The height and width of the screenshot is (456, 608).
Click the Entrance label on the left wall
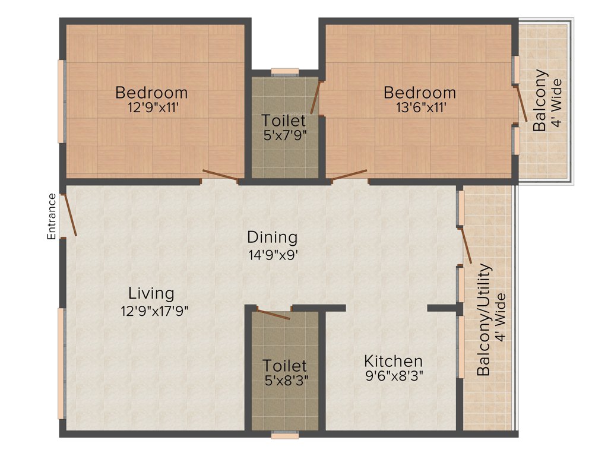tap(52, 216)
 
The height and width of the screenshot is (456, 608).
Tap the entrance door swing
tap(69, 214)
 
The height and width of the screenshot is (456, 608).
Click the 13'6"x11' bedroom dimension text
tap(419, 107)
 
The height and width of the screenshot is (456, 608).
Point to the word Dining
tap(272, 237)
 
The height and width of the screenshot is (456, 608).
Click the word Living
tap(151, 293)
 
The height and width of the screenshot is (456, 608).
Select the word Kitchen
tap(393, 361)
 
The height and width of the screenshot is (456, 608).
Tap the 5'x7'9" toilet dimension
tap(285, 135)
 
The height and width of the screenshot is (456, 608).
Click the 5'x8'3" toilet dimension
tap(285, 379)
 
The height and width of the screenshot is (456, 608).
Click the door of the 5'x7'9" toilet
tap(316, 98)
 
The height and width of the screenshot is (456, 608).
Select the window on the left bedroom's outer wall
tap(61, 101)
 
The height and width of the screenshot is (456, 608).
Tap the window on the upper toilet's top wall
tap(285, 72)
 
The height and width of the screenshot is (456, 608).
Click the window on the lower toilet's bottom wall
tap(285, 435)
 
